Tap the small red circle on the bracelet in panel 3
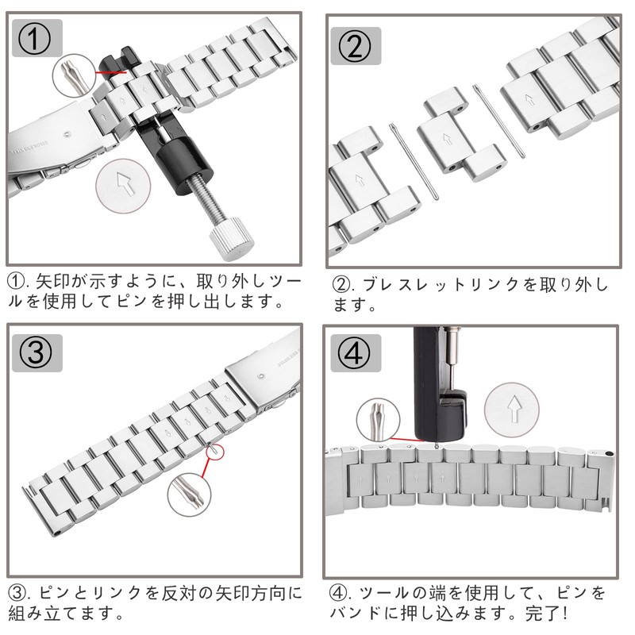click(214, 450)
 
